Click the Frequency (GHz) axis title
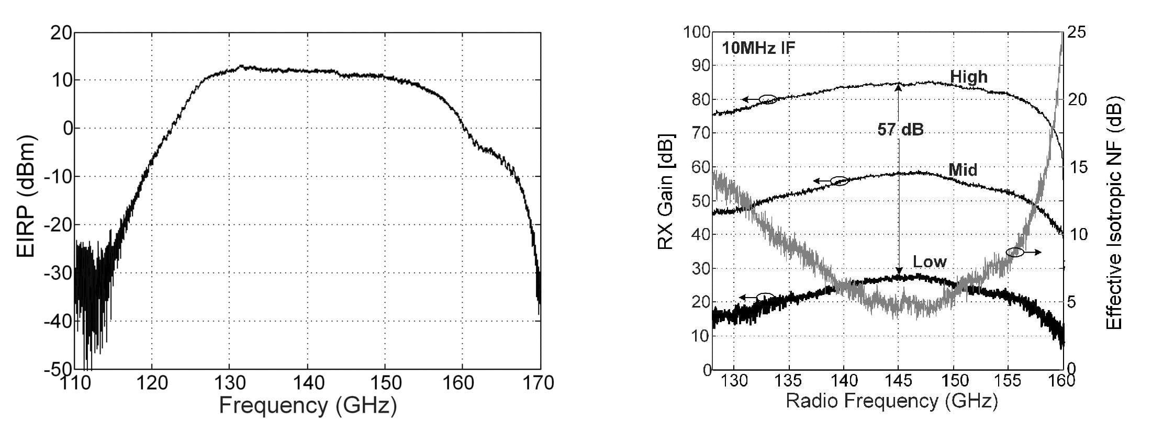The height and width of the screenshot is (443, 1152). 308,406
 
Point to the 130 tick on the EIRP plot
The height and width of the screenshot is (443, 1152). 230,383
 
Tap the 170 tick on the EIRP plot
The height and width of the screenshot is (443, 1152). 539,383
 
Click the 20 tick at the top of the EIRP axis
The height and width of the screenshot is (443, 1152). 61,33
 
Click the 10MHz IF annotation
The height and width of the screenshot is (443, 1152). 758,49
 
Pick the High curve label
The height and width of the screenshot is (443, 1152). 968,77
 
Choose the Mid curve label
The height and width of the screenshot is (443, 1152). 963,170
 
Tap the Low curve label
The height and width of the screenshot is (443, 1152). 930,262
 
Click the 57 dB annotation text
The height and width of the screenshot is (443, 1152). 900,130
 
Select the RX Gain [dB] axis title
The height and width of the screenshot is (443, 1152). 665,191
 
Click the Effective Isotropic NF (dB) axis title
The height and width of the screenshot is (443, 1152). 1114,213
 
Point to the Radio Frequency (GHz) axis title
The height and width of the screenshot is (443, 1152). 892,401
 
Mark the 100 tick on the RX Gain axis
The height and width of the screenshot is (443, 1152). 697,32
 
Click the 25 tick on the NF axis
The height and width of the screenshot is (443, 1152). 1077,32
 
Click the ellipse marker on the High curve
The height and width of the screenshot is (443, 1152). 768,99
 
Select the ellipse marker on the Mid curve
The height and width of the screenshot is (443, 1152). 839,181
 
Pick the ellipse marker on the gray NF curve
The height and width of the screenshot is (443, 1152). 1015,252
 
